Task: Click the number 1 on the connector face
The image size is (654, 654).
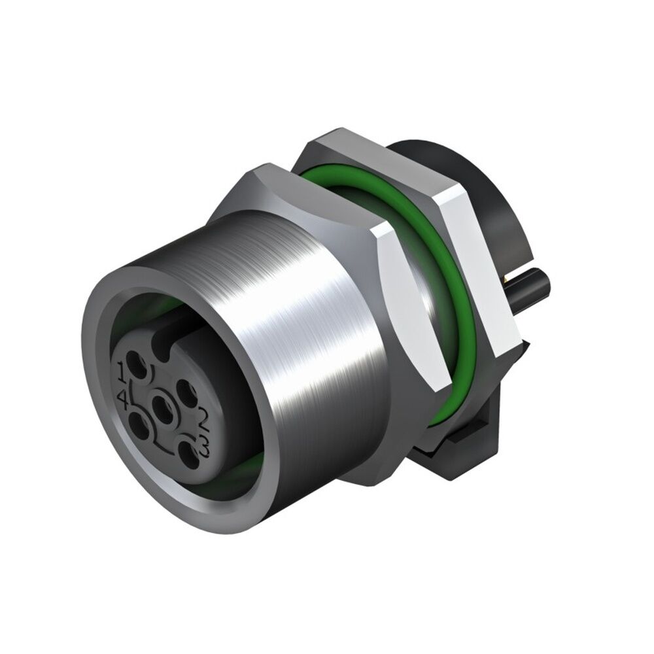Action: [x=123, y=373]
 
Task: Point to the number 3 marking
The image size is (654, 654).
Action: [x=205, y=451]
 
